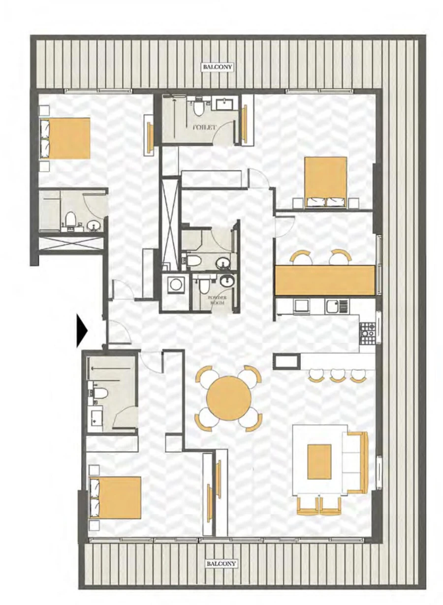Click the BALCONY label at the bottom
pos(221,563)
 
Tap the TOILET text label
pos(204,127)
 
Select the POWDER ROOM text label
pos(216,301)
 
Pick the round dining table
pos(229,398)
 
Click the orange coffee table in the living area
pos(319,461)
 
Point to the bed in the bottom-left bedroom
pos(115,497)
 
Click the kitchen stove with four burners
pos(367,333)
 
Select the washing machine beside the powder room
pos(174,285)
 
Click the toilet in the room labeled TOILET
pos(199,106)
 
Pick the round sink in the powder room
pos(227,282)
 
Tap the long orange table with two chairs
pos(325,280)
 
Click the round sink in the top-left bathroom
pos(94,225)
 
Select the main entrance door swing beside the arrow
pos(119,332)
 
